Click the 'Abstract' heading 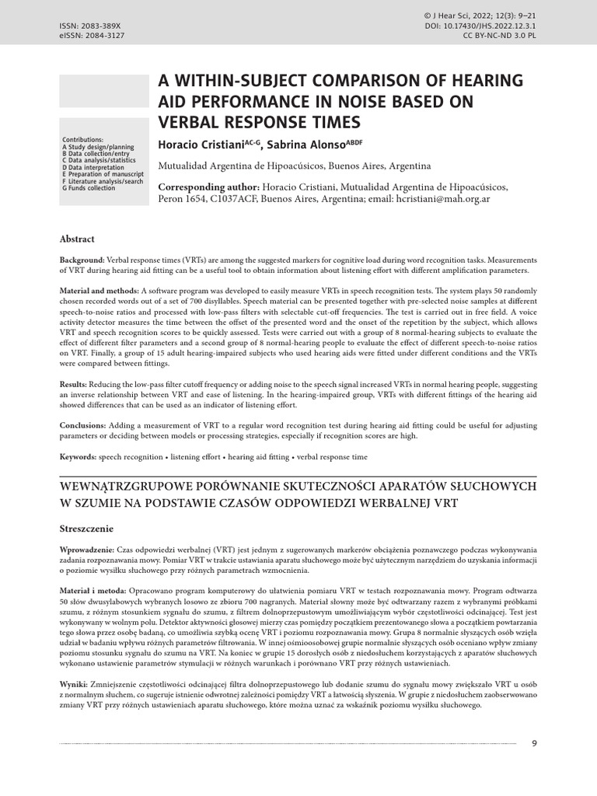[77, 239]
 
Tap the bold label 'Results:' [75, 386]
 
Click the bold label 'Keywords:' [78, 457]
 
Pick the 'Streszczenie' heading [86, 528]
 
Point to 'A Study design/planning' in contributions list [97, 146]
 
